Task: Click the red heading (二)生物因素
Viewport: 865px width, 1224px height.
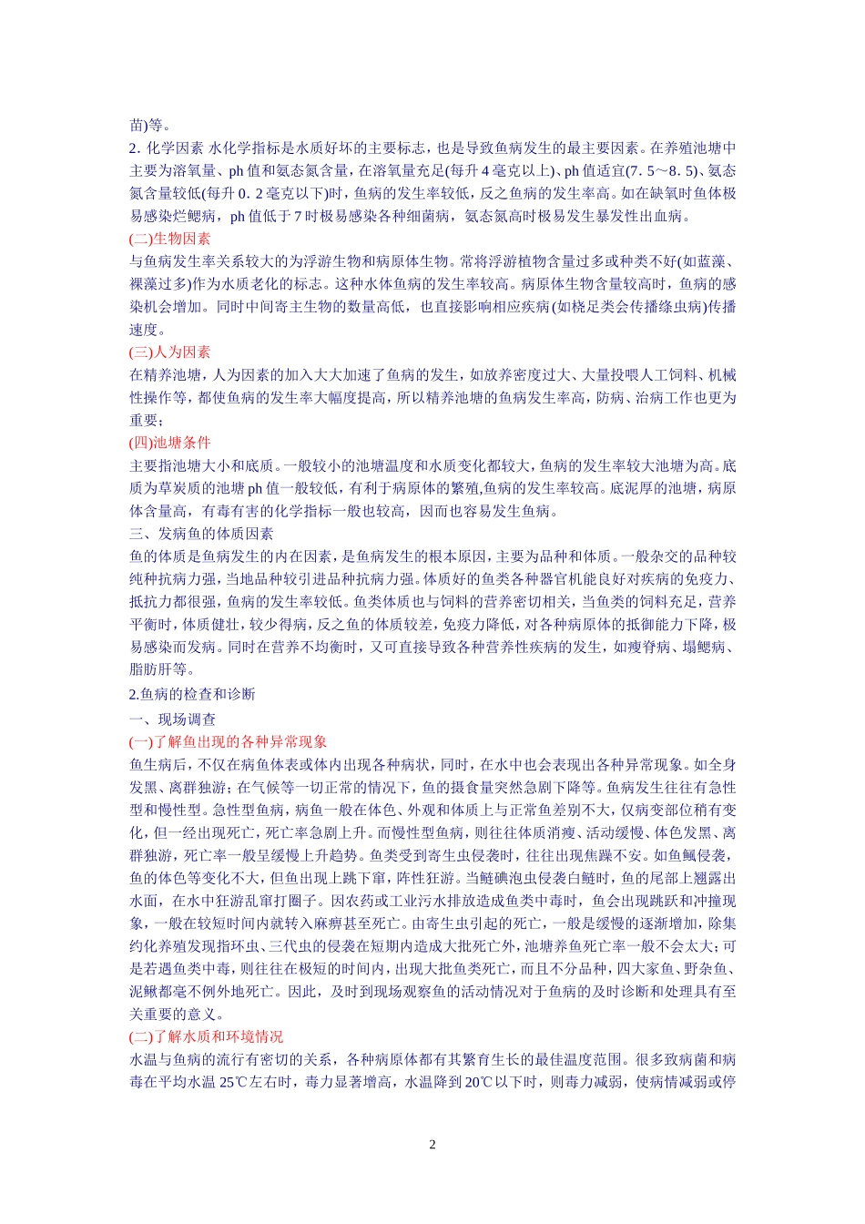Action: click(x=169, y=239)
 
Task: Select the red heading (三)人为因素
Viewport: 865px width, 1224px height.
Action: click(x=169, y=352)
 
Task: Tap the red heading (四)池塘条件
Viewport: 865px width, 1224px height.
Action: click(x=169, y=443)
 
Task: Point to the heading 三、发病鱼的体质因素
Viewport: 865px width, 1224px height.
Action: click(x=201, y=534)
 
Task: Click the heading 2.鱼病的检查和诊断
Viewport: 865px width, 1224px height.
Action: click(x=192, y=694)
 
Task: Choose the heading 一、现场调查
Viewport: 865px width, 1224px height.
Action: click(x=173, y=719)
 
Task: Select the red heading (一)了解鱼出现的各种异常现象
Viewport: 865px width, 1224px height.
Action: click(x=228, y=741)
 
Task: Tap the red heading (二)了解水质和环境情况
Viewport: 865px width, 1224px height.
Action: click(x=206, y=1036)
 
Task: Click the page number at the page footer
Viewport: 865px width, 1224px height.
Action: click(x=432, y=1144)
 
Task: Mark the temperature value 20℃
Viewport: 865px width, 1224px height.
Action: click(x=480, y=1083)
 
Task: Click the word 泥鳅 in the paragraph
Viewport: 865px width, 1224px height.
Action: click(x=144, y=992)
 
